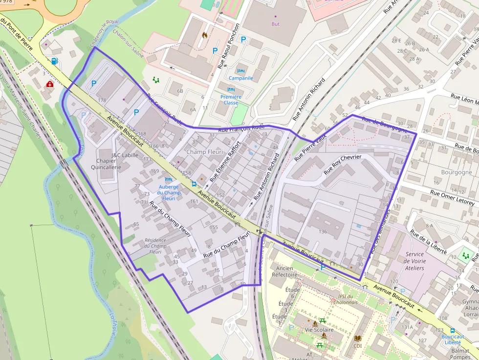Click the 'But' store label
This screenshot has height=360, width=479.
click(x=276, y=24)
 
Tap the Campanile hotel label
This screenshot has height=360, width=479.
click(x=241, y=78)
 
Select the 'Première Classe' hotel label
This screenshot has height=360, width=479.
click(x=230, y=100)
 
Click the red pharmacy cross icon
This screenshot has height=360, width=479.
click(x=49, y=84)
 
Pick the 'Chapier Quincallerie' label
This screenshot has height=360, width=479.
click(x=106, y=164)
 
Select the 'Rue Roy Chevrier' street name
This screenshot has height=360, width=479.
click(x=342, y=165)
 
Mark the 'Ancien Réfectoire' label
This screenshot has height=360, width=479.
click(x=284, y=271)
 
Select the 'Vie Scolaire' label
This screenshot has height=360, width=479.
click(x=319, y=330)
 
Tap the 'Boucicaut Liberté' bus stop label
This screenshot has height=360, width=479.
click(x=453, y=339)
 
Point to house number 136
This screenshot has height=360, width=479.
click(x=323, y=231)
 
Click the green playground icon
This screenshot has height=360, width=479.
click(x=156, y=79)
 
